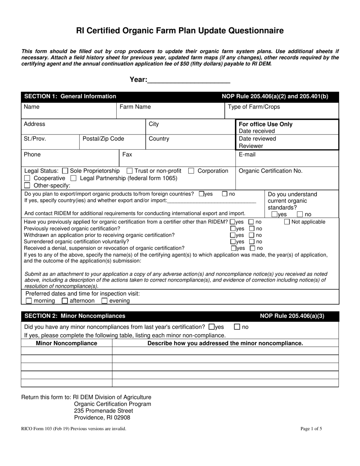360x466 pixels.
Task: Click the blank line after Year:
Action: coord(188,80)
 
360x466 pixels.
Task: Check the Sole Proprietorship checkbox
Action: coord(65,171)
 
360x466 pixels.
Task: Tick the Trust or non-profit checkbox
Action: coord(130,171)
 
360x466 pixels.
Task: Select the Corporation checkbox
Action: coord(191,171)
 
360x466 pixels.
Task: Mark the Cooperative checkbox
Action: coord(27,178)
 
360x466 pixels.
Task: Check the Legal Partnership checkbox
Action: coord(74,178)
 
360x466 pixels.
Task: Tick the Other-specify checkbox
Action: coord(27,185)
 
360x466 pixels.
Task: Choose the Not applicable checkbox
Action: coord(287,222)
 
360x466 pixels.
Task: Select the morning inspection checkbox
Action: coord(29,301)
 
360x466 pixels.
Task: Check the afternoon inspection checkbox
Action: coord(65,301)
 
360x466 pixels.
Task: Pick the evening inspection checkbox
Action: coord(104,301)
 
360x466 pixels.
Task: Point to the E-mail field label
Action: coord(247,155)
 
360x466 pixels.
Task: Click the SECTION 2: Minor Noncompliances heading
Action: coord(75,316)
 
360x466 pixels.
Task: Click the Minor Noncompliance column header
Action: coord(66,343)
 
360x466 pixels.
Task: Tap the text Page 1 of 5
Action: coord(311,429)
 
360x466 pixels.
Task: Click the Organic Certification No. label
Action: coord(271,171)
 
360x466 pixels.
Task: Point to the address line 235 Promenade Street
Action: coord(103,411)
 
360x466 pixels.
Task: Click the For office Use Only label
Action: coord(265,124)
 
